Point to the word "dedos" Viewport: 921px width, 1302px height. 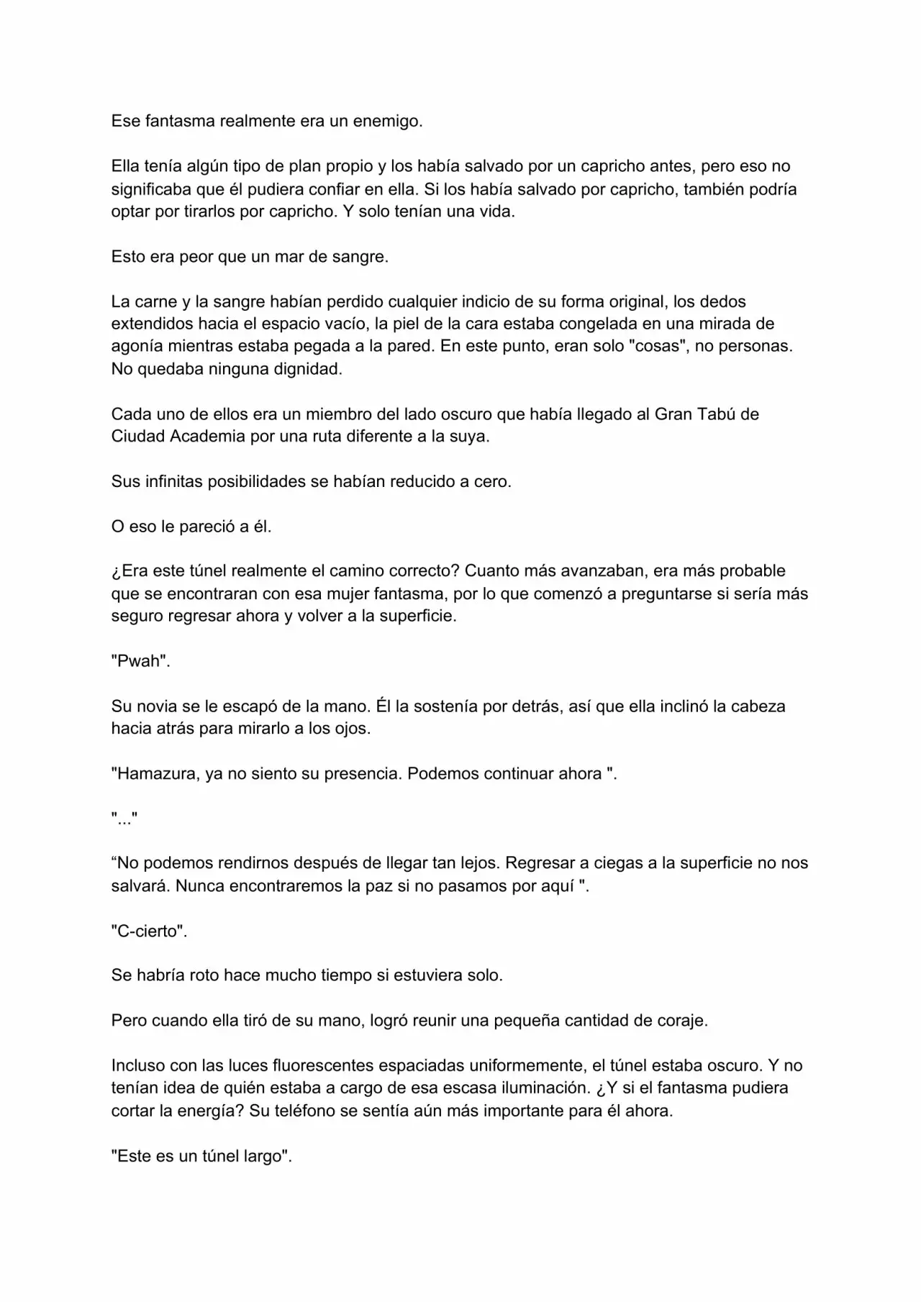(722, 301)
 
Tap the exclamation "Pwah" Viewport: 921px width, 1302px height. (140, 662)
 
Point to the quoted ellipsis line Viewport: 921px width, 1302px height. (124, 819)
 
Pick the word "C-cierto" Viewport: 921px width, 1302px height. (149, 931)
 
